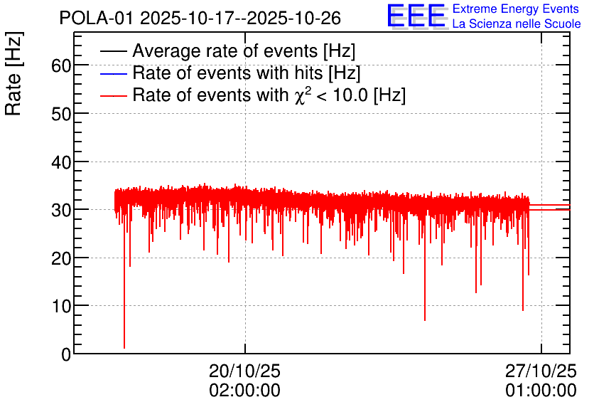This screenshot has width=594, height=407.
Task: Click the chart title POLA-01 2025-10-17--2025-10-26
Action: pyautogui.click(x=200, y=18)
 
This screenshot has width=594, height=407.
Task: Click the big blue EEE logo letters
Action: pyautogui.click(x=416, y=16)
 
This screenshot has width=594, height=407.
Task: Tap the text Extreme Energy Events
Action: pyautogui.click(x=516, y=9)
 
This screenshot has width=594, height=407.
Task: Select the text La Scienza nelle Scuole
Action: pyautogui.click(x=517, y=23)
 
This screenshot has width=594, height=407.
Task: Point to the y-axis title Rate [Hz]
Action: pyautogui.click(x=13, y=73)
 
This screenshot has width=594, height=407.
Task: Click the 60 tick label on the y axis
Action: pyautogui.click(x=61, y=65)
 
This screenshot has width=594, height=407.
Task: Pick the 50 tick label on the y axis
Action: pyautogui.click(x=61, y=114)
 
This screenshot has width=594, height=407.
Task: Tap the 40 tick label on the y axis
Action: pyautogui.click(x=61, y=162)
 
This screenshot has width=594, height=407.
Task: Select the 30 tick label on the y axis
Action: pyautogui.click(x=61, y=210)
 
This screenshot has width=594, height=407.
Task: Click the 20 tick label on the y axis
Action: pyautogui.click(x=61, y=258)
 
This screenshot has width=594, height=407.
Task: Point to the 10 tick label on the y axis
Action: pyautogui.click(x=61, y=306)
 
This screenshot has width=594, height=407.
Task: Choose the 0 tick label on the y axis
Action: pyautogui.click(x=66, y=354)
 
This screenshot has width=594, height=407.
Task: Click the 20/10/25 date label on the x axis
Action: pyautogui.click(x=244, y=371)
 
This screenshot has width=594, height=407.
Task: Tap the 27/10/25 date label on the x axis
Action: pyautogui.click(x=541, y=371)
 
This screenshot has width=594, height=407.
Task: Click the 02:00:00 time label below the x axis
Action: pyautogui.click(x=244, y=390)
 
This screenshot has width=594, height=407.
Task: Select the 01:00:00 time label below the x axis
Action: pyautogui.click(x=541, y=390)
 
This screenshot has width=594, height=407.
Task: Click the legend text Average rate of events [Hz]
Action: pyautogui.click(x=244, y=51)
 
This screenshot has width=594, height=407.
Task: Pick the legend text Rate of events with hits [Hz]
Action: pyautogui.click(x=247, y=73)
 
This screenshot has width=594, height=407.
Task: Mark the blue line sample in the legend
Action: pyautogui.click(x=113, y=73)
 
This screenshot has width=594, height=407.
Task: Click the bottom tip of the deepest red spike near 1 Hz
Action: pyautogui.click(x=124, y=348)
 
